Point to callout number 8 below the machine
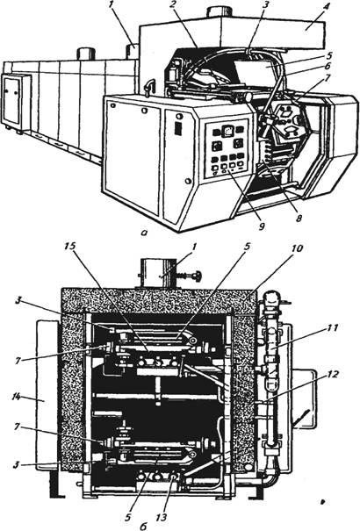[x=298, y=219]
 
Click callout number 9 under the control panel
[x=261, y=226]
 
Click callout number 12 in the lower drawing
[x=332, y=375]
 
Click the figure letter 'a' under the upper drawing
[x=144, y=233]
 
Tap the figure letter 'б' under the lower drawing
[x=143, y=525]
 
